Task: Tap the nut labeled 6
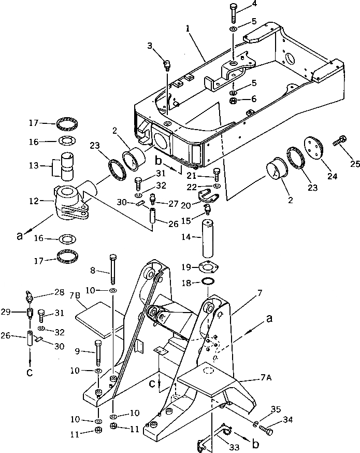233,99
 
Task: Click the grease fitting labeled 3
167,65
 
